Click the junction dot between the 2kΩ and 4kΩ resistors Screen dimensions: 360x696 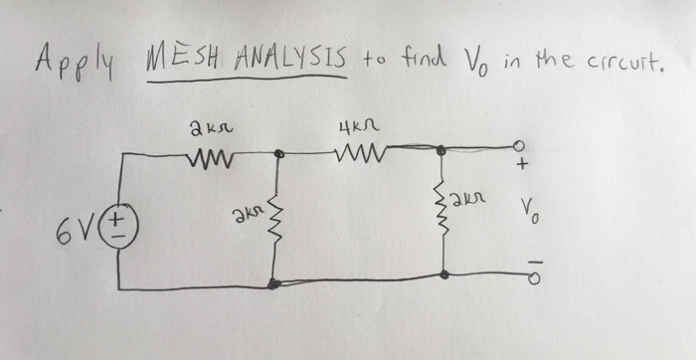click(x=279, y=154)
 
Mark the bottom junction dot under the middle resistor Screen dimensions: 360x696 click(x=272, y=284)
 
